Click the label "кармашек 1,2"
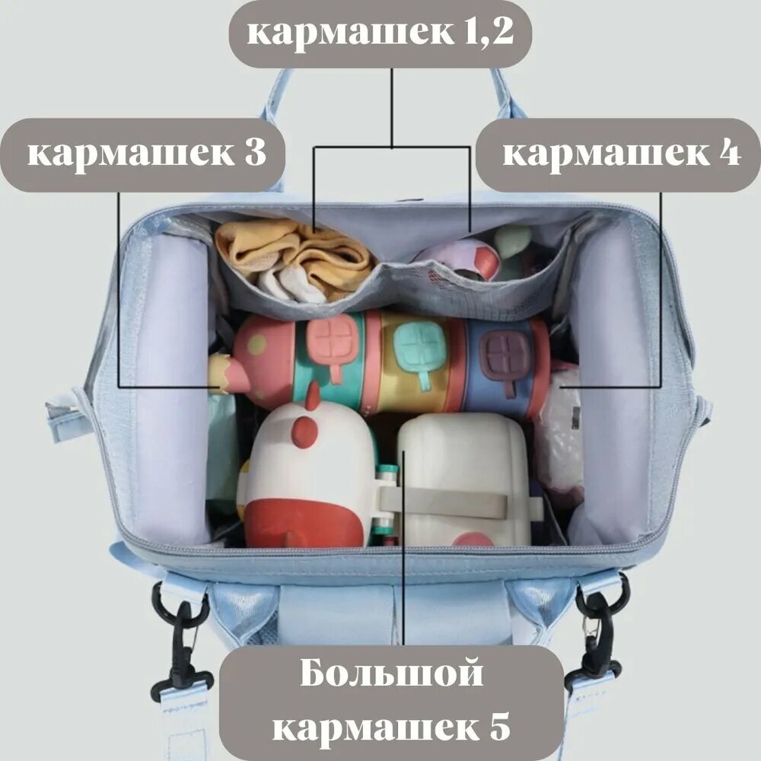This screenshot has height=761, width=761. (380, 33)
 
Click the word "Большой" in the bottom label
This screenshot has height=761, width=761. (392, 674)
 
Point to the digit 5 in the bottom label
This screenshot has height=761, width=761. (499, 728)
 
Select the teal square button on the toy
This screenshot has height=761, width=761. (421, 345)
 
